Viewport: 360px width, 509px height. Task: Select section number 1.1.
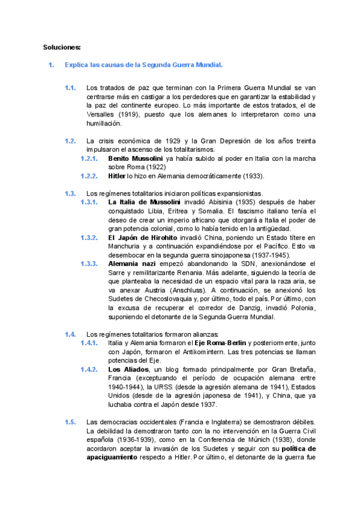70,88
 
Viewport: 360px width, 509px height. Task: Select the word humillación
104,124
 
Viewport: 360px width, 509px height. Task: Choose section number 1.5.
70,421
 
